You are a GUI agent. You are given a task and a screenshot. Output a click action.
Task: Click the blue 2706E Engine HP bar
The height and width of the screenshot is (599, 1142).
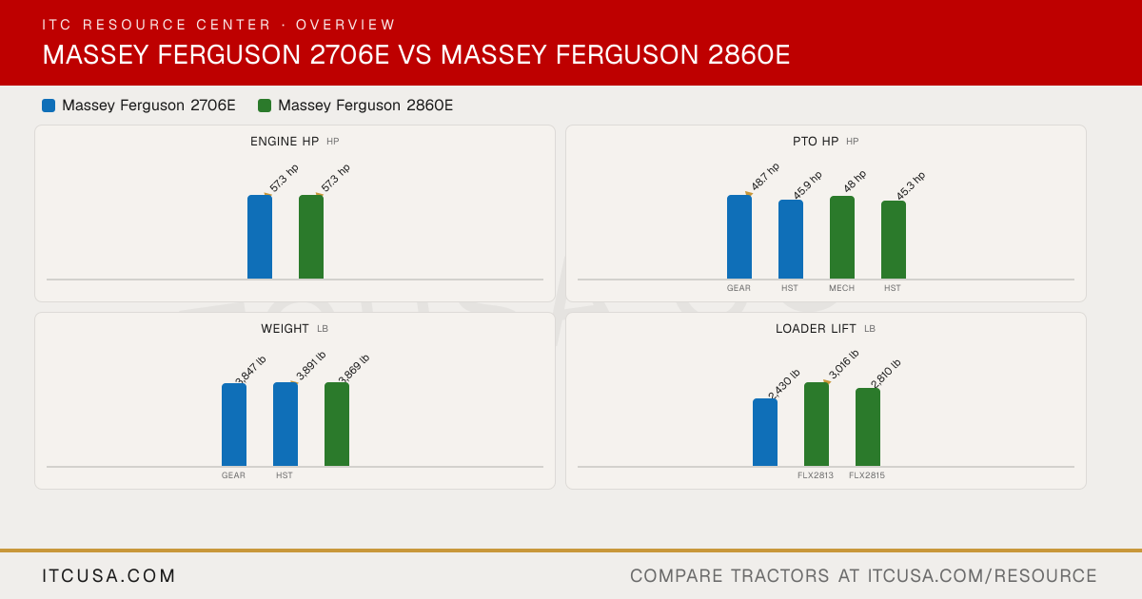point(260,237)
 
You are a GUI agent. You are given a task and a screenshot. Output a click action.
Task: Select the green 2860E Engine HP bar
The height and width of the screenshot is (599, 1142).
point(311,237)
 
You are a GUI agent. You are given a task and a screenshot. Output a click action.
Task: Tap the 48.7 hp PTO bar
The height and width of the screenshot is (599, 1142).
point(739,237)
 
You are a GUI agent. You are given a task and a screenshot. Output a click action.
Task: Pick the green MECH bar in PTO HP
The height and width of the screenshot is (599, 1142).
point(842,238)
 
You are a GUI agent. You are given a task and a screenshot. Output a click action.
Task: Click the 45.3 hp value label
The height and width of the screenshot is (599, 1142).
point(911,186)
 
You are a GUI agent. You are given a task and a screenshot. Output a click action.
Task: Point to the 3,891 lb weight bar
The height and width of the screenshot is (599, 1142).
point(285,424)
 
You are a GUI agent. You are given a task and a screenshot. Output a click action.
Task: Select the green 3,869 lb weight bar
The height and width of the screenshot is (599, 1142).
point(337,424)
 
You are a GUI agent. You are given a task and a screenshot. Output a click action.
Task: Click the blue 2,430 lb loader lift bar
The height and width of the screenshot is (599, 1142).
point(765,433)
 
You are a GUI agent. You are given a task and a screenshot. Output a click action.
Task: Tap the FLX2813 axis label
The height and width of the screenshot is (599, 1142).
point(816,475)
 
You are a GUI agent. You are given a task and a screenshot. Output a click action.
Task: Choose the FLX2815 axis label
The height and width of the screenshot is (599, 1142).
point(867,475)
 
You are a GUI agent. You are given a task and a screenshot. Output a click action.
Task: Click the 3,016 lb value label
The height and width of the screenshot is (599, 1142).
point(844,365)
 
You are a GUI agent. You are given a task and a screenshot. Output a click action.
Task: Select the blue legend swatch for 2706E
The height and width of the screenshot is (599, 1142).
point(49,106)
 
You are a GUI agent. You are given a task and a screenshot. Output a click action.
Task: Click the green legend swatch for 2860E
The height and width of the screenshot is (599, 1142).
point(265,106)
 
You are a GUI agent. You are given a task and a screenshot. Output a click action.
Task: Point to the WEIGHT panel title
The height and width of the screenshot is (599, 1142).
point(285,329)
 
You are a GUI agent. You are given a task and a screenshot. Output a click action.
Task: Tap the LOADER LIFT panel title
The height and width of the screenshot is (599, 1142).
point(816,329)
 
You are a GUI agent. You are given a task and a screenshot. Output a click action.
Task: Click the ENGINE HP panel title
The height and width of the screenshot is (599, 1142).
point(285,141)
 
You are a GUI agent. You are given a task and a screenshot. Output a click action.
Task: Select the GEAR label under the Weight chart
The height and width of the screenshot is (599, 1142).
point(233,475)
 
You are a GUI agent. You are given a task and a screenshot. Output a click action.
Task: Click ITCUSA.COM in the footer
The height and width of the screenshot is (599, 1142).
point(108,575)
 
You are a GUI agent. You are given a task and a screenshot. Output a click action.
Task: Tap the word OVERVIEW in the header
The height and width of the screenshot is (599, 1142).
point(345,25)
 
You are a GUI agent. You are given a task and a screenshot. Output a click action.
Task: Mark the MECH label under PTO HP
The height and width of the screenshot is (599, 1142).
point(841,288)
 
